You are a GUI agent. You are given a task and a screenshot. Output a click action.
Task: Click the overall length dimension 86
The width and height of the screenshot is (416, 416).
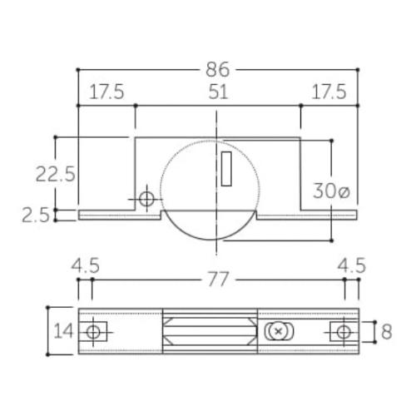point(218,69)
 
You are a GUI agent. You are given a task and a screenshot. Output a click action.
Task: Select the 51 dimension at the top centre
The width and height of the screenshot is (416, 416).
point(218,92)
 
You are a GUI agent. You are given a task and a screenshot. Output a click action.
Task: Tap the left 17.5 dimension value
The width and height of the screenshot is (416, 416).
point(106,92)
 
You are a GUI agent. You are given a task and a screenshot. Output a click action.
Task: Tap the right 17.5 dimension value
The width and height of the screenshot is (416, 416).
point(329,92)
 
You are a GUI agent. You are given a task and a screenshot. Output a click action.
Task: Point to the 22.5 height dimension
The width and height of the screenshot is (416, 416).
point(56,174)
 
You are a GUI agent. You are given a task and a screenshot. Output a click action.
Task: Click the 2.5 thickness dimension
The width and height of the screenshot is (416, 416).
point(36,215)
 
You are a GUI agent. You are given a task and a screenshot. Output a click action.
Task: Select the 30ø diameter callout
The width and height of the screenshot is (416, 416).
point(331,191)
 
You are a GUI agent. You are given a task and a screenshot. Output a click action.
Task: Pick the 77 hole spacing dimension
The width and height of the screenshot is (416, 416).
point(218,280)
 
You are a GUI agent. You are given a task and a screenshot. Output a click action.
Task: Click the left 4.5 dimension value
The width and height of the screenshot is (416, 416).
point(85,265)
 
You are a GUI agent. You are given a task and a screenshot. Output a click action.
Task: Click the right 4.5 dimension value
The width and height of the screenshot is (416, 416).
point(352,265)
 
